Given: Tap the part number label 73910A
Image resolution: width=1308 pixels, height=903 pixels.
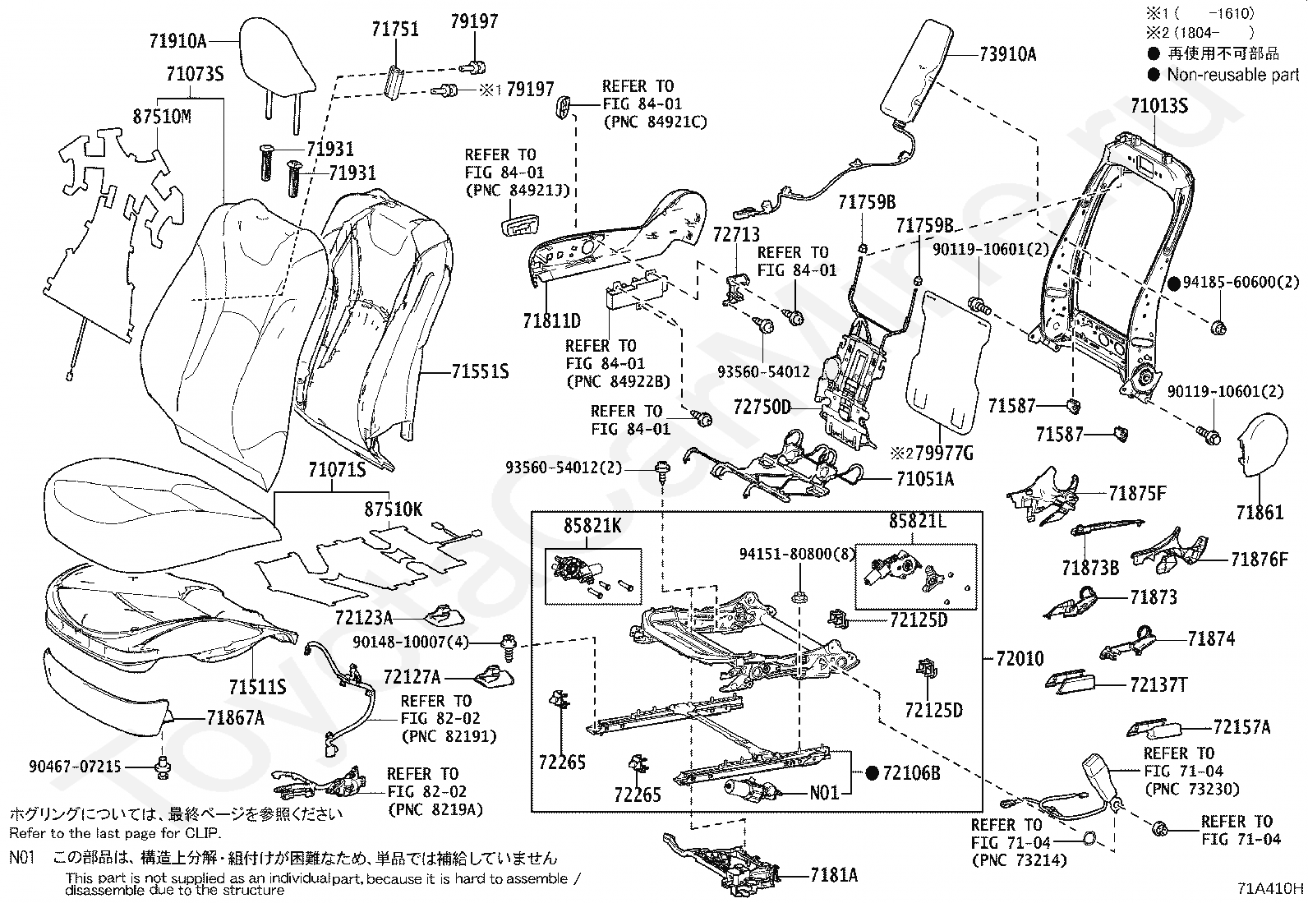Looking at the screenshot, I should [1007, 55].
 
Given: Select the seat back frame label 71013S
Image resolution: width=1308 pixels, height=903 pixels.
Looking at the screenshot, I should [1158, 106].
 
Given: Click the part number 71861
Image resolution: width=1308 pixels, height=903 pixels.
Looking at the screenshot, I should [1259, 513].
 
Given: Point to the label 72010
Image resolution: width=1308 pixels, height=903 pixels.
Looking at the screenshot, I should [1020, 658].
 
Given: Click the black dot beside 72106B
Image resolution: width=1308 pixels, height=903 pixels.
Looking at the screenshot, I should [872, 773].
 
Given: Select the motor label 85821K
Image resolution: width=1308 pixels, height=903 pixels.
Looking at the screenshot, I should [592, 524].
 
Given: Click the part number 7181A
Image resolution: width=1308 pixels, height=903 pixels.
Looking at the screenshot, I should [834, 875].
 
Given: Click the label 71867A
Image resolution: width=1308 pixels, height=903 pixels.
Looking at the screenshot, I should [235, 718].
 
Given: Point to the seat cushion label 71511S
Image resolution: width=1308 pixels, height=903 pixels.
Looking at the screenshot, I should [257, 686].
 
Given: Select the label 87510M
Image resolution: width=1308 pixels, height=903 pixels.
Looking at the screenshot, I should [162, 116].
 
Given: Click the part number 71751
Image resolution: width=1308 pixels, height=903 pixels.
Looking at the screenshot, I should [394, 30].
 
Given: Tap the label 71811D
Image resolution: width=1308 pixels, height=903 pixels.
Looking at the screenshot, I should [551, 321].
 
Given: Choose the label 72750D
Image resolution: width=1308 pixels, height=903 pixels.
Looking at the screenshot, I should [762, 408].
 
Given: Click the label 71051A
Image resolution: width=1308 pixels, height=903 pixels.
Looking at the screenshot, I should [924, 478].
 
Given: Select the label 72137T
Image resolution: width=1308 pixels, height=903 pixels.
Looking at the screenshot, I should [1158, 684].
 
